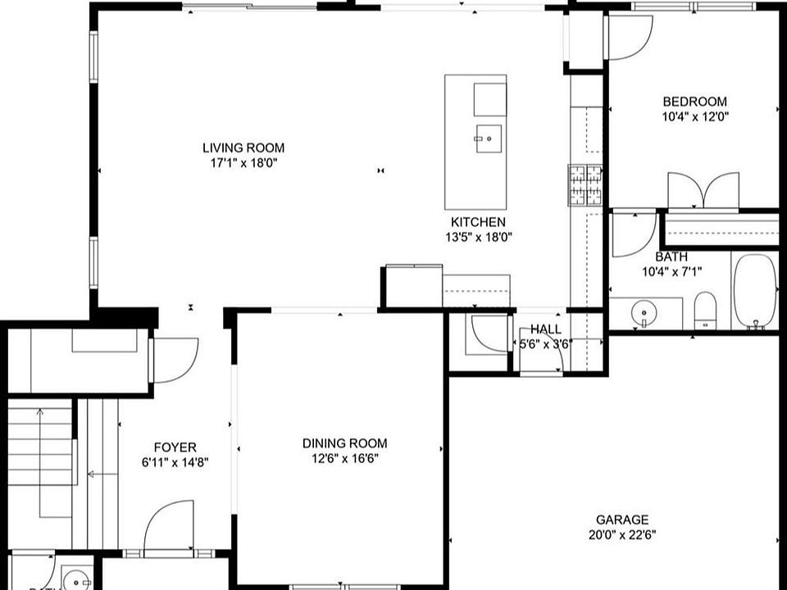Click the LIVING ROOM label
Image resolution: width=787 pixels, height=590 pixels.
point(243,148)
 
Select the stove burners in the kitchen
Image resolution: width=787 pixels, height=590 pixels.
point(585,185)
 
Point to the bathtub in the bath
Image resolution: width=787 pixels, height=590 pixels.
point(754,291)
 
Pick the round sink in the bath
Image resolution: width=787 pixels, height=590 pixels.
point(645,312)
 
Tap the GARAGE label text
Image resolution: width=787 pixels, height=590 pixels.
point(621,520)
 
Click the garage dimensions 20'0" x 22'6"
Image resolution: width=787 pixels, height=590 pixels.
point(621,535)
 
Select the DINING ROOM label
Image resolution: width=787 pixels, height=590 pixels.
point(340,443)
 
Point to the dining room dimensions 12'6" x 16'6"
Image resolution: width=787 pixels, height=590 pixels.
point(340,459)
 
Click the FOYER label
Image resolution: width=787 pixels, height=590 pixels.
point(175,447)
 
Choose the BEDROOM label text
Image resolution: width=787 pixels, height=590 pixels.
point(694,102)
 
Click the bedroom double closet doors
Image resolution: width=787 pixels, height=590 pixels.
point(703,193)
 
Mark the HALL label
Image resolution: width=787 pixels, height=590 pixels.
point(545,329)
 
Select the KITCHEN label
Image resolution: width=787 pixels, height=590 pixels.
point(478,222)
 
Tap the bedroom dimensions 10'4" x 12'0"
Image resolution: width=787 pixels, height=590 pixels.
point(694,116)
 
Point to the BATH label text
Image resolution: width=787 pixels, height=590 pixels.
point(671,256)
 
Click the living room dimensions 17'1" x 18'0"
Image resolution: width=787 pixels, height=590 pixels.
point(243,163)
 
